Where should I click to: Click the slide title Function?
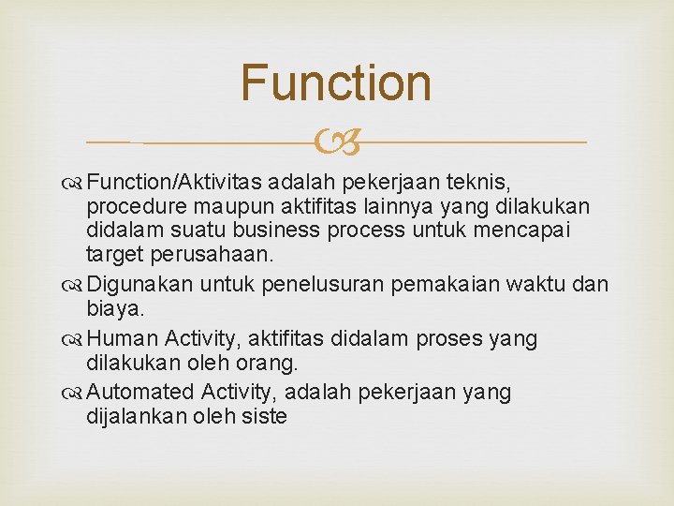pos(336,82)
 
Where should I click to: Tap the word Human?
pos(129,338)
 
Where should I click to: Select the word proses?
pos(445,338)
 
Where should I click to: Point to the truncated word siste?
pos(263,416)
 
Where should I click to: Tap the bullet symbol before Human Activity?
pos(74,339)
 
